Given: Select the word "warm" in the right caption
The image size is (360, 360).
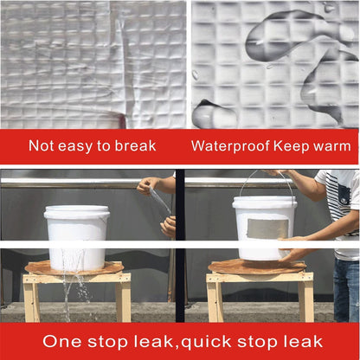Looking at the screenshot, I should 331,145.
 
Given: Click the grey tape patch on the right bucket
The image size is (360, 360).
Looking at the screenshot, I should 265,228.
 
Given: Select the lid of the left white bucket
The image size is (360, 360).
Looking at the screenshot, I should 77,210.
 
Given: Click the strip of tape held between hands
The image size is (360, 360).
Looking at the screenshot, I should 157,204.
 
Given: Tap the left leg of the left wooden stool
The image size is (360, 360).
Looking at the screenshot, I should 32,299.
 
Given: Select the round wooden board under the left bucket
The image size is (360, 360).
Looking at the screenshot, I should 74,269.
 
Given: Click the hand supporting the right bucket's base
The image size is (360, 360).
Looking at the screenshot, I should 293,254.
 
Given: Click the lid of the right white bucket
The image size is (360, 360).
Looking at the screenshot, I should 264,201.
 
